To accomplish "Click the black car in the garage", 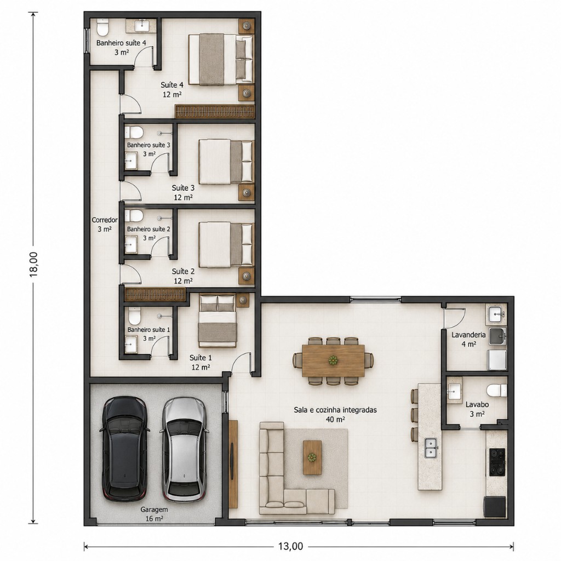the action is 125,449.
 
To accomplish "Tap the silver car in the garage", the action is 184,449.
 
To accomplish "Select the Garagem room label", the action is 154,510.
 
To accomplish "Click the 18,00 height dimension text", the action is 33,265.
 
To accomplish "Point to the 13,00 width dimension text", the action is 290,546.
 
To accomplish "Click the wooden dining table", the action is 333,360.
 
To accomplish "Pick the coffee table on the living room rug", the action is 312,457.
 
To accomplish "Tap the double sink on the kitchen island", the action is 431,448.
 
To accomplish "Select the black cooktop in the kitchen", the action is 496,462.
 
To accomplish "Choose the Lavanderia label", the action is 468,335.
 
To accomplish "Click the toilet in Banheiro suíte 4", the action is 102,28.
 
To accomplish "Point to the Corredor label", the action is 105,220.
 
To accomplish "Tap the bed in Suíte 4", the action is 221,59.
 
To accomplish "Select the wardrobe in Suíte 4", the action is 215,111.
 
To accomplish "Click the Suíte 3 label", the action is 183,188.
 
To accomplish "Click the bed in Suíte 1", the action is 217,320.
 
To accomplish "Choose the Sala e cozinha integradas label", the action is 335,410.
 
